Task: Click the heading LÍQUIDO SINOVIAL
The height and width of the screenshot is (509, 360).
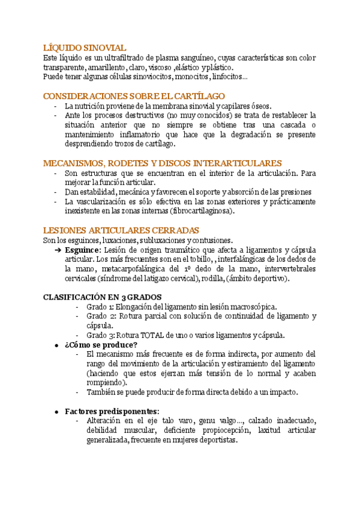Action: click(85, 47)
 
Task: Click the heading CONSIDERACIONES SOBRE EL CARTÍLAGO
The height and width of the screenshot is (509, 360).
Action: click(134, 96)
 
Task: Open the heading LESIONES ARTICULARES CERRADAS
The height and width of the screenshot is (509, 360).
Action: click(121, 230)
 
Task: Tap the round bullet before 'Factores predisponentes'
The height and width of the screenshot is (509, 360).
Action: click(56, 411)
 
